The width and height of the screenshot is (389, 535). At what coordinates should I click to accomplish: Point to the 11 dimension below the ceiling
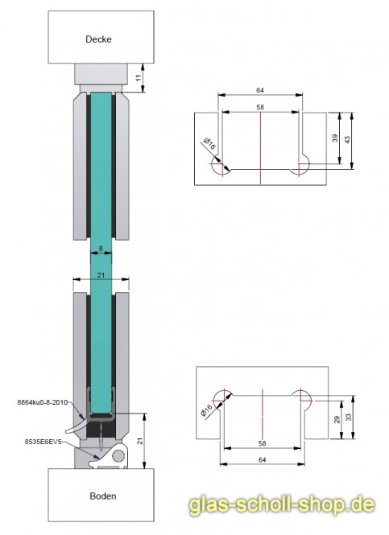point(139,78)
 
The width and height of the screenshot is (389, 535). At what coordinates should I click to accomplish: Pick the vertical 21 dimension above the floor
point(139,441)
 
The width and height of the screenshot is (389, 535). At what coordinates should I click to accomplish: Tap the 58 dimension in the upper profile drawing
point(261,107)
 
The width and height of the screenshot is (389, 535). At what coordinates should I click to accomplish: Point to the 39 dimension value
point(335,138)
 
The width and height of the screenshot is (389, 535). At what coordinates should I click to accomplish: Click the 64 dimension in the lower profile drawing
point(262,459)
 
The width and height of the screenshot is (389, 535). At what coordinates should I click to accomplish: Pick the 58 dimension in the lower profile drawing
point(262,443)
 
